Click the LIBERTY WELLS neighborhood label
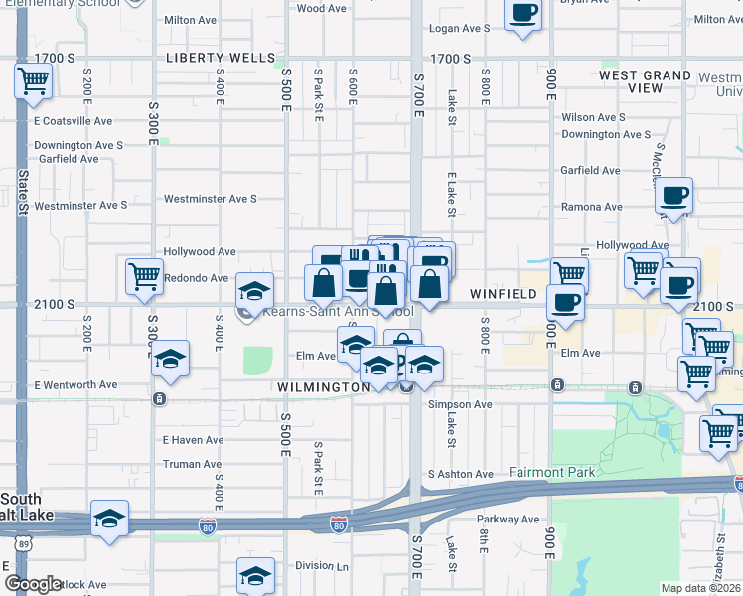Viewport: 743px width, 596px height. (x=221, y=58)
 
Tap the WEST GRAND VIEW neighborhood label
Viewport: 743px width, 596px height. (x=646, y=81)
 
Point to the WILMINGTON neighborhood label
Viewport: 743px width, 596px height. (x=325, y=386)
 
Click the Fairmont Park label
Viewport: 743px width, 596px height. (x=552, y=472)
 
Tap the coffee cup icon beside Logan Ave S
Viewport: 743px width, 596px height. (x=522, y=15)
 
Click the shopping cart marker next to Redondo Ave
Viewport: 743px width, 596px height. (x=145, y=276)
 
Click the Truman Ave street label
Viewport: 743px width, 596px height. (x=192, y=464)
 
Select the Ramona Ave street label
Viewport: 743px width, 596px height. (x=592, y=207)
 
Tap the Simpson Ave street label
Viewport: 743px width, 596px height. (x=460, y=404)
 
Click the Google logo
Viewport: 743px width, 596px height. (x=33, y=584)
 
